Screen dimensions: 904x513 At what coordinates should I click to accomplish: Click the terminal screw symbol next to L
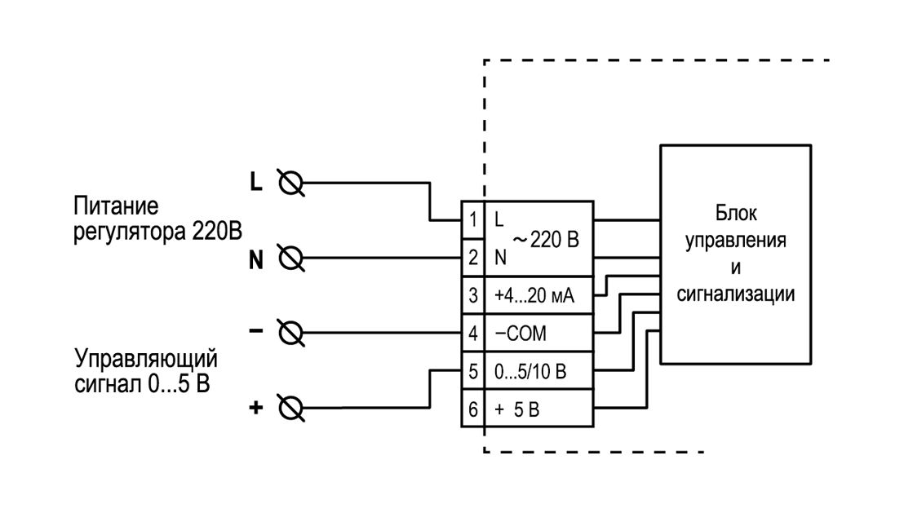click(291, 184)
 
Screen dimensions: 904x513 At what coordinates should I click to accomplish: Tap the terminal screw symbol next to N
click(291, 258)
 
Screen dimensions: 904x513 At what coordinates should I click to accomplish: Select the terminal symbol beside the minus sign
click(291, 333)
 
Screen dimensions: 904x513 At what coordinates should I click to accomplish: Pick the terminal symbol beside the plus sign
click(291, 408)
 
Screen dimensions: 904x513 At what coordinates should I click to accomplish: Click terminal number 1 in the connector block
click(473, 219)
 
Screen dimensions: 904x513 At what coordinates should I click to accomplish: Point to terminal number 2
click(473, 257)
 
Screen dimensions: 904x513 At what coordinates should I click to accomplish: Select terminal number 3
click(473, 295)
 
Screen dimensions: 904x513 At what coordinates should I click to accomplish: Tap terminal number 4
click(473, 333)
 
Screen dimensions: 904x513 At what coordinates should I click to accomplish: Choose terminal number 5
click(473, 371)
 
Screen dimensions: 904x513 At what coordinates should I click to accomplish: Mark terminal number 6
click(473, 409)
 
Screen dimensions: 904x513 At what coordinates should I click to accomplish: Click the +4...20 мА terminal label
click(534, 295)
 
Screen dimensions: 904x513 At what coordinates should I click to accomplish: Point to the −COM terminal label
click(521, 333)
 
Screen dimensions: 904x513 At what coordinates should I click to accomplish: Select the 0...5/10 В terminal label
click(530, 371)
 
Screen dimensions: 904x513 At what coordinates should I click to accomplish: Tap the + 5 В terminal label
click(517, 409)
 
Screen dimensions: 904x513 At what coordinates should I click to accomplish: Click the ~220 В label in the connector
click(545, 239)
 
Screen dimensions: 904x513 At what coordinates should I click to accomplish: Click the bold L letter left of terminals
click(256, 182)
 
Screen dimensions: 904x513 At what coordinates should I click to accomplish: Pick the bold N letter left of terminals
click(256, 260)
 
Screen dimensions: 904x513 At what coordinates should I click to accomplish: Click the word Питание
click(116, 206)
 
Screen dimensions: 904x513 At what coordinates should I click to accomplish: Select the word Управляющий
click(146, 359)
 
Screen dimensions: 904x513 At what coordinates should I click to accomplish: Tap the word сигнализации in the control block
click(736, 294)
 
